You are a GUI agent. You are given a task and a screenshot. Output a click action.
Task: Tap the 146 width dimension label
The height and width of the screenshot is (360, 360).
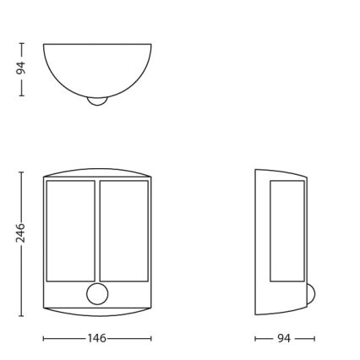tap(97, 338)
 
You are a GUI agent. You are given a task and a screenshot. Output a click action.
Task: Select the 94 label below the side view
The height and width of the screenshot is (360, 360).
tap(284, 338)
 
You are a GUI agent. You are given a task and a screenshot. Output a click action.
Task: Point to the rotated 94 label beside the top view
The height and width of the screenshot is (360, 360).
tap(21, 68)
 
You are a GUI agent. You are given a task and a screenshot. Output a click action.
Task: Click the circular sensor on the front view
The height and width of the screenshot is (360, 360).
tap(97, 293)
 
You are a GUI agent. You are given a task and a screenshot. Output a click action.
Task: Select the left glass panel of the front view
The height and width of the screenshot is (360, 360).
tap(70, 230)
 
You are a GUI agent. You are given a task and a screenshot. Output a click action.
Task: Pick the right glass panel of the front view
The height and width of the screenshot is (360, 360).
tap(123, 230)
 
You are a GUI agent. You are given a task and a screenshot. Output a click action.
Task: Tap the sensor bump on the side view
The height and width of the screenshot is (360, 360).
tap(310, 293)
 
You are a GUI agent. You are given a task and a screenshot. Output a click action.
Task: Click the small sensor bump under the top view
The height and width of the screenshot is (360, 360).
tap(97, 101)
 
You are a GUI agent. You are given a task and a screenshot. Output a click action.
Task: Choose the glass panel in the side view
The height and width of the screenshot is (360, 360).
tap(287, 230)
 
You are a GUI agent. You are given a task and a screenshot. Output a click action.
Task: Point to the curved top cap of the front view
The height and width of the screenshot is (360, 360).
tap(97, 172)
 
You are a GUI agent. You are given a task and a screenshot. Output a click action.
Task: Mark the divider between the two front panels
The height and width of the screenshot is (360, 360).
tap(97, 230)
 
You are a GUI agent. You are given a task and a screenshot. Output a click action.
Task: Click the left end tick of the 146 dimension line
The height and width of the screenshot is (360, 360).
tap(44, 338)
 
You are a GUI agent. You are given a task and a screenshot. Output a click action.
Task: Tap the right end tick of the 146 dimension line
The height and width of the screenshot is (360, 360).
tap(151, 338)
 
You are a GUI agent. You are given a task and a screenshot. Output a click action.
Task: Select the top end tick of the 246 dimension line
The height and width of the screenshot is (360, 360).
tap(21, 172)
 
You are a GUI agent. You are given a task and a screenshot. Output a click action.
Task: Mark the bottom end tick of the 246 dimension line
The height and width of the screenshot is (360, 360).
tap(21, 315)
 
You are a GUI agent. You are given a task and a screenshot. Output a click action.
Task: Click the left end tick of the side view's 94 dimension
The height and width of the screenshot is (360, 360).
tap(255, 338)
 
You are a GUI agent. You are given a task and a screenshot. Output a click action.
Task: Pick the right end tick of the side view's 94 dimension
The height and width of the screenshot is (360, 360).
tap(314, 338)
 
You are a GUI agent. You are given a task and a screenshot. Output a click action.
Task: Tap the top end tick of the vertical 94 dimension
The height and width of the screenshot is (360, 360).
tap(21, 44)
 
